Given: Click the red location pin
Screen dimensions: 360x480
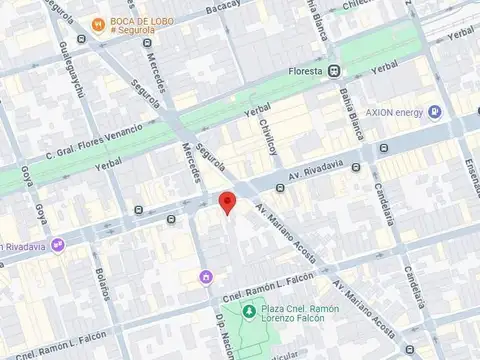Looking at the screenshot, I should click(227, 202).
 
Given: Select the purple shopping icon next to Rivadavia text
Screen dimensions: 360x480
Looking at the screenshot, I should click(58, 243).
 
